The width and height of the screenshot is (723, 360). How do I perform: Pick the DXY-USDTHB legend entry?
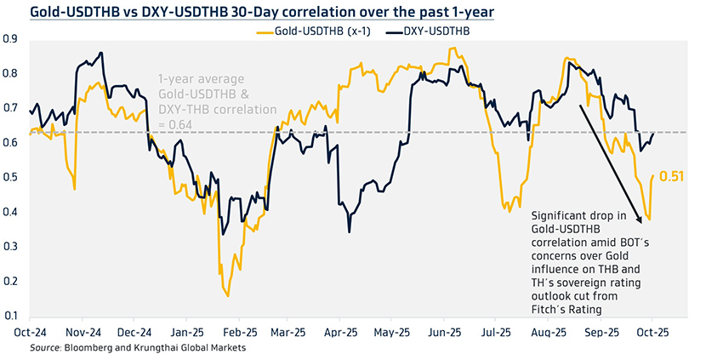point(432,31)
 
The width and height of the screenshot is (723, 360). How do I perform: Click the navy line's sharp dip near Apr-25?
point(349,231)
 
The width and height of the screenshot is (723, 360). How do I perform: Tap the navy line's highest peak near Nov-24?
point(102,53)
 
